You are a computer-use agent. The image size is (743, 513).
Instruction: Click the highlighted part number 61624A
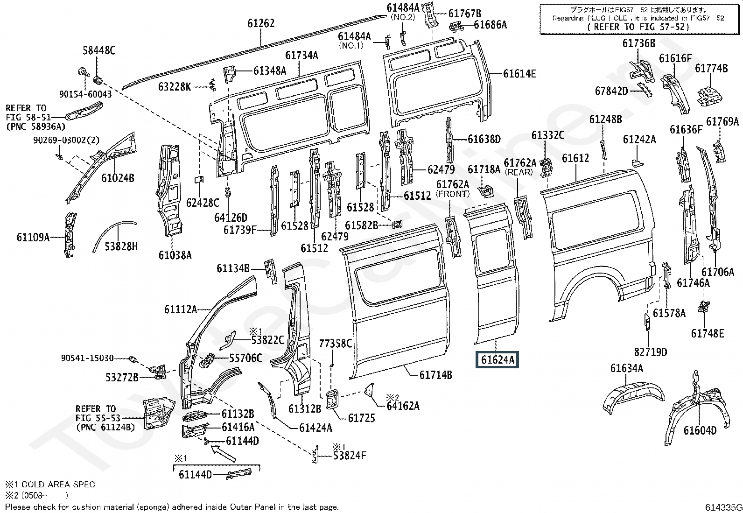click(x=497, y=360)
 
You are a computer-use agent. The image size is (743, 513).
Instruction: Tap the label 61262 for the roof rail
click(x=261, y=23)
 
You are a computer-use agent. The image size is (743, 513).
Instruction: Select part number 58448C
click(x=99, y=51)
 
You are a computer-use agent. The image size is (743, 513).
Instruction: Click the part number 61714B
click(x=435, y=375)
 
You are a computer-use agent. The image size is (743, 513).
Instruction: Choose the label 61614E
click(x=519, y=74)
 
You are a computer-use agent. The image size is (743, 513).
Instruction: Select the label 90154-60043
click(x=85, y=94)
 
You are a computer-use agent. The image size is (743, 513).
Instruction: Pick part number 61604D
click(x=700, y=430)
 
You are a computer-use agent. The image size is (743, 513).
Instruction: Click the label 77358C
click(x=335, y=344)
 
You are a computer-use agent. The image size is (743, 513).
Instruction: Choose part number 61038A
click(x=175, y=255)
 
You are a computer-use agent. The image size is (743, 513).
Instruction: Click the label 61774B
click(x=711, y=68)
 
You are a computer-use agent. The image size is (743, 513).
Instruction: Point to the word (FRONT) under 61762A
click(x=452, y=193)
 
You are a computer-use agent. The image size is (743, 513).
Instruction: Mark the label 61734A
click(x=301, y=56)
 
